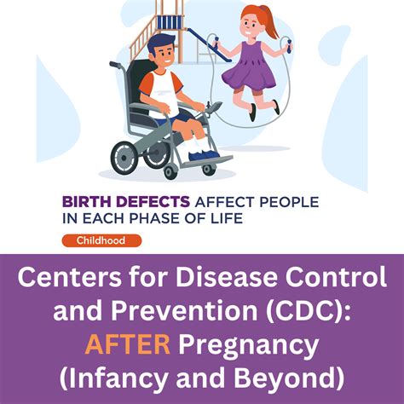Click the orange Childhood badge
pos(101,240)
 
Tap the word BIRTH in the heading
pos(84,203)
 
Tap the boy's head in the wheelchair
pos(162,53)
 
